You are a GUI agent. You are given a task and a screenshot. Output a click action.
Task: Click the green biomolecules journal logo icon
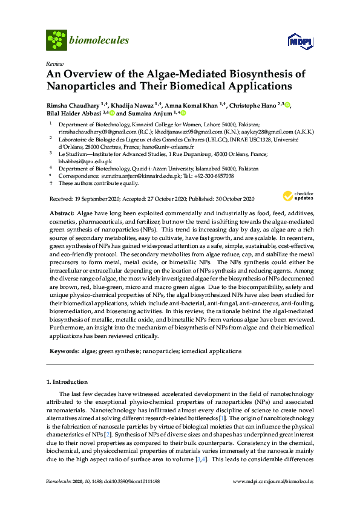click(57, 41)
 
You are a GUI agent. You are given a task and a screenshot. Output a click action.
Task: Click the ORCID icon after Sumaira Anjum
click(183, 113)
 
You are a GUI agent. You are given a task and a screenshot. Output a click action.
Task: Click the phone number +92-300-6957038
click(214, 176)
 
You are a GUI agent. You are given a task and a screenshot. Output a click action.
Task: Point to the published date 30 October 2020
click(232, 199)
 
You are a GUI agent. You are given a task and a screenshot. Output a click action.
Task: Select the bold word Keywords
click(63, 351)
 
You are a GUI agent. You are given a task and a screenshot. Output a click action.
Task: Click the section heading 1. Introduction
click(67, 382)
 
